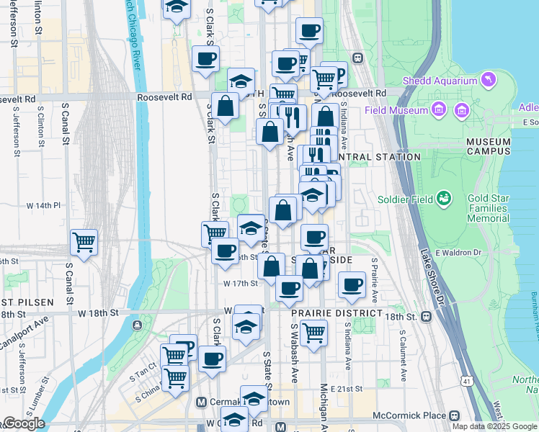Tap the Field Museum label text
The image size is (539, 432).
pyautogui.click(x=396, y=110)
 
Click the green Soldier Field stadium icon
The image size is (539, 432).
pyautogui.click(x=445, y=197)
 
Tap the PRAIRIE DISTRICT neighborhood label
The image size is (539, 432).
pyautogui.click(x=336, y=314)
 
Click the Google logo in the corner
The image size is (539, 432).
pyautogui.click(x=23, y=423)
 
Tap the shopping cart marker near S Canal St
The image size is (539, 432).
pyautogui.click(x=84, y=242)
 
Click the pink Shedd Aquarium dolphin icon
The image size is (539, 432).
pyautogui.click(x=489, y=78)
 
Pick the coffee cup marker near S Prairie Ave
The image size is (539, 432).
pyautogui.click(x=352, y=284)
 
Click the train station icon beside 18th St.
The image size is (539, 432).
pyautogui.click(x=427, y=316)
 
